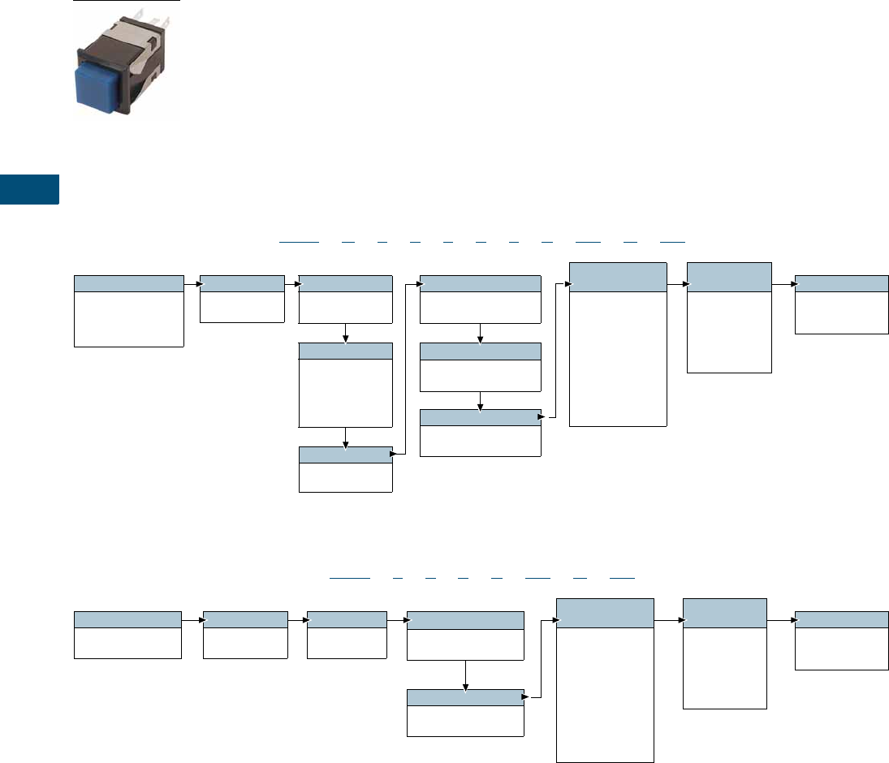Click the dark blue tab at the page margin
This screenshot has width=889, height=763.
coord(29,189)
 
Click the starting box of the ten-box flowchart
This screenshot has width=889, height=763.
coord(128,311)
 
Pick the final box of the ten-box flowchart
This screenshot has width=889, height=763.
coord(841,304)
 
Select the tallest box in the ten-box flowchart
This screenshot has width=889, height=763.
coord(618,344)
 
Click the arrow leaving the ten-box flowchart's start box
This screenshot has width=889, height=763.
coord(192,285)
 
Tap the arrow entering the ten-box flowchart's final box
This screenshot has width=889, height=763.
coord(783,285)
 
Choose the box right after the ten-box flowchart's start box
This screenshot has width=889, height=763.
coord(242,299)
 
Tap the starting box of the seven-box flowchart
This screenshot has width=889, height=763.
coord(127,634)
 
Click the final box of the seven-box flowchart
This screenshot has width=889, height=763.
coord(841,640)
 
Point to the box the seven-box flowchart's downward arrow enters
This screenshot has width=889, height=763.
coord(464,712)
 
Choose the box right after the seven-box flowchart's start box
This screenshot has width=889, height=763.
coord(244,634)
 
